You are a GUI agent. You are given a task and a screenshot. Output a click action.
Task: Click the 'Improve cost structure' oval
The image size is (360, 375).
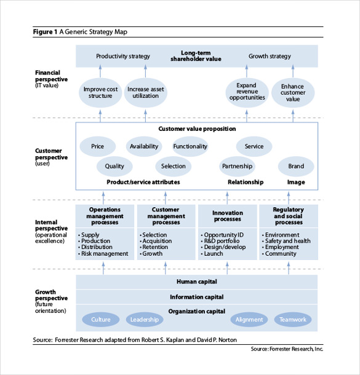coord(100,93)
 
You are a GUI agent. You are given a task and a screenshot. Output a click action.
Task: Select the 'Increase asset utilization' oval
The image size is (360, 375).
coord(146,93)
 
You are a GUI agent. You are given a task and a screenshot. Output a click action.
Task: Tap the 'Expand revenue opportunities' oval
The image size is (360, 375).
coord(247,93)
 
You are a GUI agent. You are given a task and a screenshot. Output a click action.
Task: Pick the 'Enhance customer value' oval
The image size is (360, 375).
coord(293,93)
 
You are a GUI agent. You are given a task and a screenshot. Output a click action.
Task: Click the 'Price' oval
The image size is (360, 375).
coord(98,146)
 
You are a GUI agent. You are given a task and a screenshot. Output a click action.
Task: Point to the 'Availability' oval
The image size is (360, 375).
coord(144,146)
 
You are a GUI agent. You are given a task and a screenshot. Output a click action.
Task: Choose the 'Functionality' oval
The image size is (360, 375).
coord(190,146)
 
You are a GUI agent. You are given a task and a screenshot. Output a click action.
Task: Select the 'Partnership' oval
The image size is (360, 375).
coord(237,166)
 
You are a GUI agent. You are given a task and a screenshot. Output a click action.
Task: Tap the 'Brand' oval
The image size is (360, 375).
coord(296,166)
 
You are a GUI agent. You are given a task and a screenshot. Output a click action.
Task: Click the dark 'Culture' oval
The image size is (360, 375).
coord(101,320)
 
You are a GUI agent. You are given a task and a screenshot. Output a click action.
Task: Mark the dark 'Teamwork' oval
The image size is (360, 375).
coord(293,320)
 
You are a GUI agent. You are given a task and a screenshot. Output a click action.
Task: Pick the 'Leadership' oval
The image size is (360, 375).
coord(145,320)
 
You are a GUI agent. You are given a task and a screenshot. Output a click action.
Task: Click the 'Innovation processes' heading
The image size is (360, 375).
coord(227,216)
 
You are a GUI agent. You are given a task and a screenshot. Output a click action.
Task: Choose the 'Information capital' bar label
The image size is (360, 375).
coord(196,296)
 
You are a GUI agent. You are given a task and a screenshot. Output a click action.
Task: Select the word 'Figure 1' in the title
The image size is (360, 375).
coord(45,32)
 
